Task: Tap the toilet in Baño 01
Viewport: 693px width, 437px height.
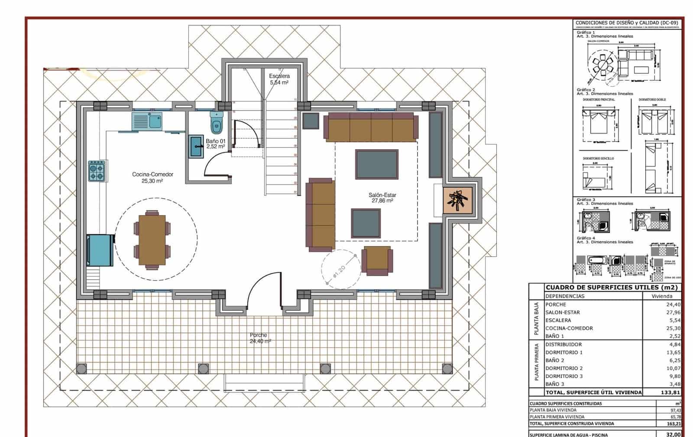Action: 216,123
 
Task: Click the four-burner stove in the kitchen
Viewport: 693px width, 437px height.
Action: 97,171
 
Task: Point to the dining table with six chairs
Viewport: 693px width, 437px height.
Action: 152,240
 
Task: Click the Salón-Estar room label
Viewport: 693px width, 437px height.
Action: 382,198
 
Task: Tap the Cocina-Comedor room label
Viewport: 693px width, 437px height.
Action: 152,178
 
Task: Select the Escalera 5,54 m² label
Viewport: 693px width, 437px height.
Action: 279,79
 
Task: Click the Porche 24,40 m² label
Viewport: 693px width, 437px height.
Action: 260,338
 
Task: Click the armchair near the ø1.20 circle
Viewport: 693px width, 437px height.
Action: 377,260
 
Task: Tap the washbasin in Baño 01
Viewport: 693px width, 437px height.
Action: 197,147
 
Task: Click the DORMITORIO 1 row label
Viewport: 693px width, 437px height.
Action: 564,352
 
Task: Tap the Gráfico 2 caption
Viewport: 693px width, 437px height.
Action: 586,90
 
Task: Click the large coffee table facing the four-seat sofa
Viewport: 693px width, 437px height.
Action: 376,164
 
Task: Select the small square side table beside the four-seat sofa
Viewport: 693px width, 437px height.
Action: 311,121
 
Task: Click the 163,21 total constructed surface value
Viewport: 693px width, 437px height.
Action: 674,424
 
